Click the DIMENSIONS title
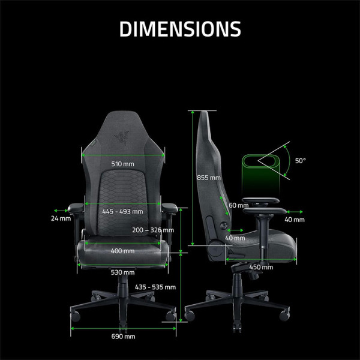(180, 28)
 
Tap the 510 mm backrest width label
(123, 164)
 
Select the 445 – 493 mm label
(122, 211)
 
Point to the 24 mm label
(61, 219)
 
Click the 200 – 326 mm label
(153, 230)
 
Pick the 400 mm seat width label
(123, 251)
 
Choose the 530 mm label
(123, 272)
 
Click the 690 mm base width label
(123, 337)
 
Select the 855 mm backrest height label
(209, 178)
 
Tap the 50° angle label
(300, 161)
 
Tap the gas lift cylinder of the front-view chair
(123, 282)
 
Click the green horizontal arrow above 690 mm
(123, 328)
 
